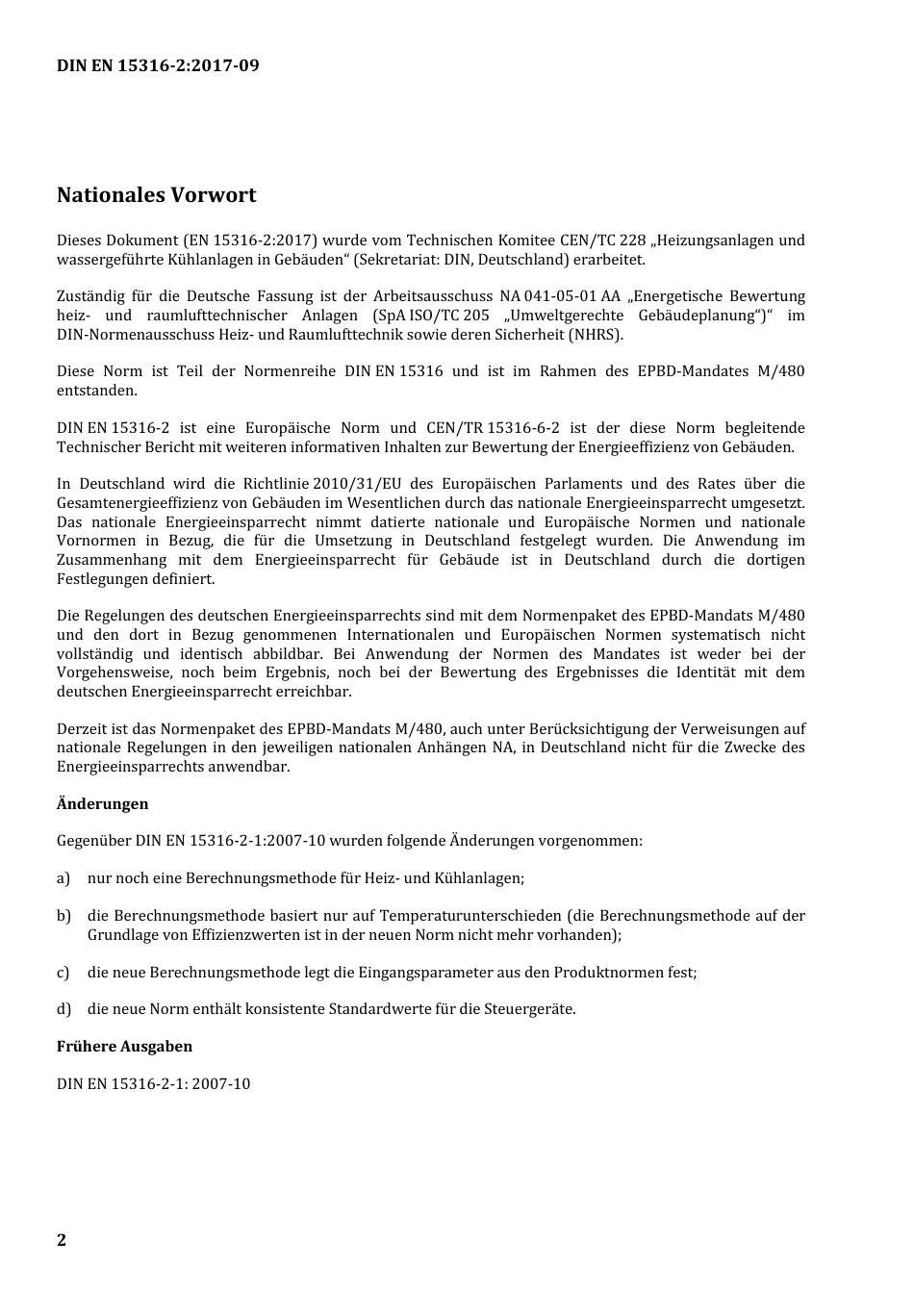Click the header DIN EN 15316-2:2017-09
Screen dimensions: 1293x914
click(158, 65)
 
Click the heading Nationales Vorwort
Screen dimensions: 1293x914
click(156, 195)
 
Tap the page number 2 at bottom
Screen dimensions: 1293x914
click(62, 1239)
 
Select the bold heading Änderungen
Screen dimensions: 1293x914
click(102, 803)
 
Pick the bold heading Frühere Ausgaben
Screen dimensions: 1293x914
click(124, 1046)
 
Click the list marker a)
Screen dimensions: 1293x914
click(63, 878)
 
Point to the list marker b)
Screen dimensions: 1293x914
click(63, 916)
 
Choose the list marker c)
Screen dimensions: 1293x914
click(63, 973)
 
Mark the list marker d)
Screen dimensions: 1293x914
click(63, 1009)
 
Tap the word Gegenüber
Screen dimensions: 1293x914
click(94, 841)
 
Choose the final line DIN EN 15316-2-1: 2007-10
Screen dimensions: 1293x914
click(153, 1084)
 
